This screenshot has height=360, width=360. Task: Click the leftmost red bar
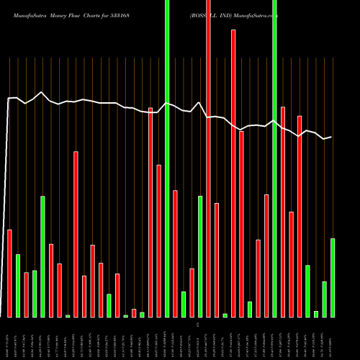[x=9, y=273]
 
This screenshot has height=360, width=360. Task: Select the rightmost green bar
[x=333, y=277]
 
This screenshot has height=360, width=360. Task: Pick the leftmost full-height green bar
[x=167, y=158]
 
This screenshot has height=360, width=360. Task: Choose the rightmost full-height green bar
[x=274, y=158]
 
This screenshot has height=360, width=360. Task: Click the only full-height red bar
[x=208, y=158]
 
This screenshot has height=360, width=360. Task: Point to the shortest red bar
[x=134, y=312]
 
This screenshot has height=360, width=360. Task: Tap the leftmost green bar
[x=18, y=285]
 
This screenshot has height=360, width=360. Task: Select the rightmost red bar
[x=300, y=216]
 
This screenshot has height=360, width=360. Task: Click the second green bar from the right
[x=324, y=299]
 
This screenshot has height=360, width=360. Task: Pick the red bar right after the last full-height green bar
[x=283, y=212]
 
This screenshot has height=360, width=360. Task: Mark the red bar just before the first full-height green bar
[x=158, y=240]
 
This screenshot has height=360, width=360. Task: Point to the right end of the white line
[x=331, y=137]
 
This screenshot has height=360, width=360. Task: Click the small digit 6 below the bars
[x=197, y=325]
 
